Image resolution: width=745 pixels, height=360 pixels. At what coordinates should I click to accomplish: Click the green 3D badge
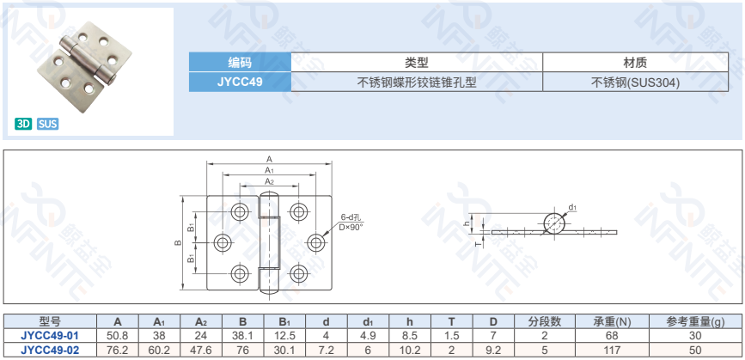pyautogui.click(x=23, y=125)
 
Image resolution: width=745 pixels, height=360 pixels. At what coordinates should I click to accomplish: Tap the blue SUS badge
pyautogui.click(x=47, y=125)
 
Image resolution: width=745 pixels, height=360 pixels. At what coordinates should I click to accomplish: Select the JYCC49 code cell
pyautogui.click(x=240, y=82)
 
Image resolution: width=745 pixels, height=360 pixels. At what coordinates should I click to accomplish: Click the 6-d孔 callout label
pyautogui.click(x=351, y=217)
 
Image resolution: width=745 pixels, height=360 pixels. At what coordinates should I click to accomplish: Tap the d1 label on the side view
pyautogui.click(x=572, y=207)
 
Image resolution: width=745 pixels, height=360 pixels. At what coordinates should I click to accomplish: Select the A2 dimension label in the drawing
pyautogui.click(x=269, y=181)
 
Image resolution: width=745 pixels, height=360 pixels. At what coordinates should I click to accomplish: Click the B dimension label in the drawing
pyautogui.click(x=178, y=242)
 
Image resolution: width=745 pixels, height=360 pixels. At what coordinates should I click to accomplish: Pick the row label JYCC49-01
pyautogui.click(x=50, y=336)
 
